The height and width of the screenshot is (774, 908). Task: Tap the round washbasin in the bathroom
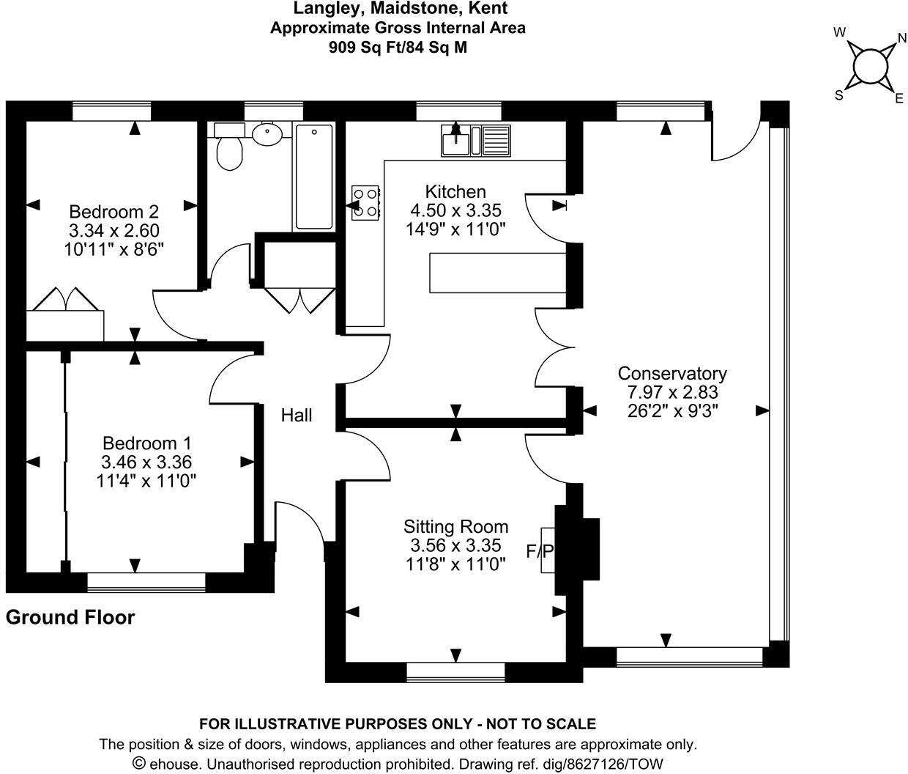coord(267,133)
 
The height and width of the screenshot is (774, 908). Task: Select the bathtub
coord(314,177)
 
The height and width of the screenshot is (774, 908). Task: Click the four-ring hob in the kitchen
coord(365,203)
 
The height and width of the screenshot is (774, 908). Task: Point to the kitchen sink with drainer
coord(476,140)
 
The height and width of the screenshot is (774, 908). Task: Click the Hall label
coord(297,416)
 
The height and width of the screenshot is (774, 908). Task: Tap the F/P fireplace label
coord(540,551)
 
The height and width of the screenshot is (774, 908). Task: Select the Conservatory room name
coord(672,373)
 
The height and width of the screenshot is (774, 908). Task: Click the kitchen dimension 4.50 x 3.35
coord(456,210)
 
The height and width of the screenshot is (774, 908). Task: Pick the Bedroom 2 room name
coord(113,212)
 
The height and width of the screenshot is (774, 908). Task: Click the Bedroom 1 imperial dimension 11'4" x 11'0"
coord(146,481)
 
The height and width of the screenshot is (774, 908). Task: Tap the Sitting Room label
coord(456,527)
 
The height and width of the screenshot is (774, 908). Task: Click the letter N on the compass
coord(902,39)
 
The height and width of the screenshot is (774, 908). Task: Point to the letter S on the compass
coord(839,95)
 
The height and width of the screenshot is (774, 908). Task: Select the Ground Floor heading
coord(70,617)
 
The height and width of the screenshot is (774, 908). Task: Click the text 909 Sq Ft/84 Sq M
coord(398,47)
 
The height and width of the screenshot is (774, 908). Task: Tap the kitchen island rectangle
coord(497,273)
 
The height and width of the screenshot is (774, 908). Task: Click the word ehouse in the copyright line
coord(174,764)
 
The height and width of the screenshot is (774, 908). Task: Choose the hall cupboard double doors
coord(300,301)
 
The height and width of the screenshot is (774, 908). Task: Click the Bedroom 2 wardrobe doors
coord(66,299)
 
